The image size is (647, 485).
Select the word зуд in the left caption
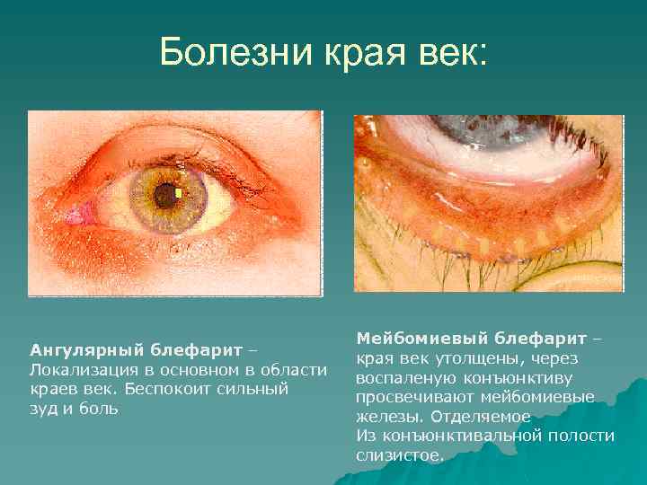pos(45,408)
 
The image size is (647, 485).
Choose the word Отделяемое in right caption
pos(481,417)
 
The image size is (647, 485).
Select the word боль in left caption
pos(100,408)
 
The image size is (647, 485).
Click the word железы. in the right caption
pos(390,417)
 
